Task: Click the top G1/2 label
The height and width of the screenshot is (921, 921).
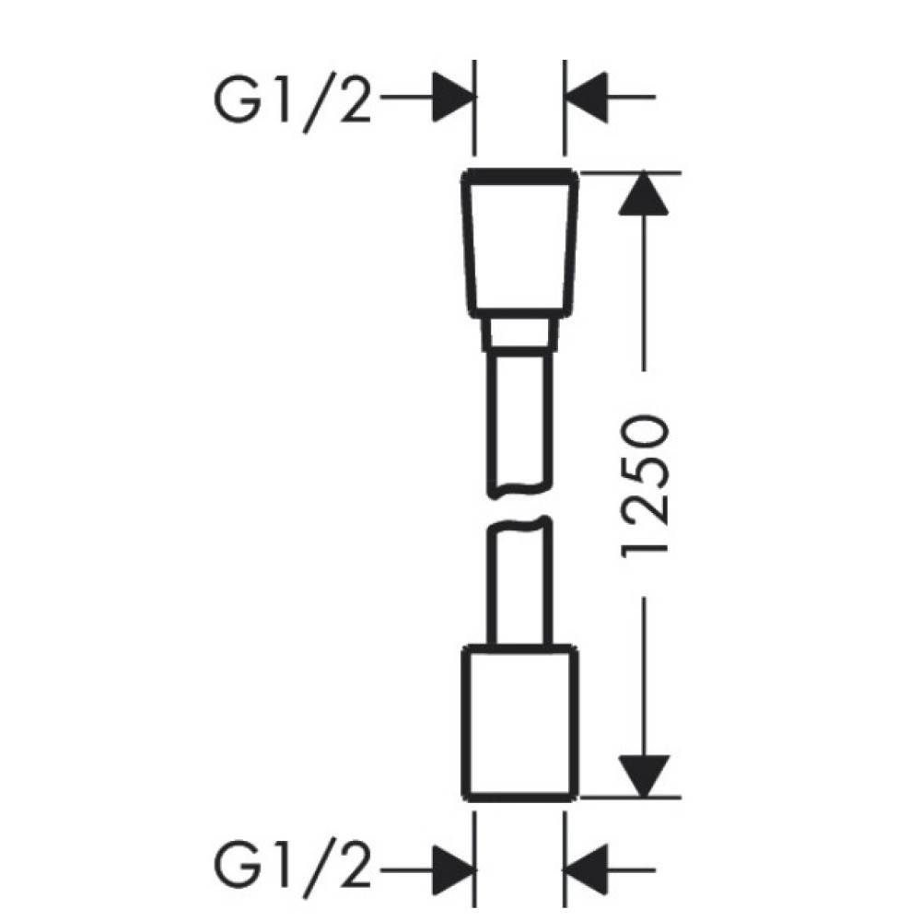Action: point(293,103)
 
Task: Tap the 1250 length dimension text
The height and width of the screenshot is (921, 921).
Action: point(645,485)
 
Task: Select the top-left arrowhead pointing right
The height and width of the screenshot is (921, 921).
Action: point(453,97)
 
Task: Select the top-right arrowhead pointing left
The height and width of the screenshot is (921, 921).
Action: point(586,97)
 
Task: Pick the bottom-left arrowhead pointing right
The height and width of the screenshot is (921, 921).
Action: point(453,869)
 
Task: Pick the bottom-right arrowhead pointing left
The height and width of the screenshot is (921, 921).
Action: point(586,869)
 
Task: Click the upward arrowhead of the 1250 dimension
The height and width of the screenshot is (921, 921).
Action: point(645,193)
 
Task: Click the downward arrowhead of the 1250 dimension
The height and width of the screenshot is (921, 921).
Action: point(645,776)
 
